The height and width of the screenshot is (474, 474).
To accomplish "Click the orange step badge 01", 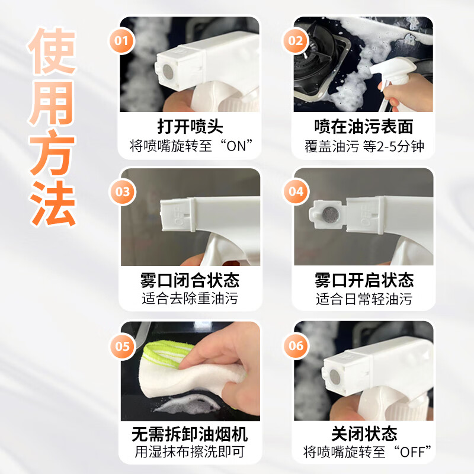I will click(121, 40).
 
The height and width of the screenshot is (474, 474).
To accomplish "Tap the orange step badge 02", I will click(295, 40).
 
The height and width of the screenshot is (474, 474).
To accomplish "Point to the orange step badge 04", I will click(296, 192).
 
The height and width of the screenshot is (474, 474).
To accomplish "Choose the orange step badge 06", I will click(296, 345).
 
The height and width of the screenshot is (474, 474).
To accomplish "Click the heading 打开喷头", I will click(190, 127).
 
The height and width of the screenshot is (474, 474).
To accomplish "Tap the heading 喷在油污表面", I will click(363, 127).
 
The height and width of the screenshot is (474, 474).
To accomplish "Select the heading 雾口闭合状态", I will click(190, 280).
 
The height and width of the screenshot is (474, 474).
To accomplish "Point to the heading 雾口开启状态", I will click(363, 280).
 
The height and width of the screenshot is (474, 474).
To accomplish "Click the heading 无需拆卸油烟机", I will click(190, 434).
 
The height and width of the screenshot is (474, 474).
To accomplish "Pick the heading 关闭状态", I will click(363, 434).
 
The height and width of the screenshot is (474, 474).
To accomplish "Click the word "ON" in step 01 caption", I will click(239, 146).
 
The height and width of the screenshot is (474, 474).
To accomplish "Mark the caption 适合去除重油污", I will click(190, 299).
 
